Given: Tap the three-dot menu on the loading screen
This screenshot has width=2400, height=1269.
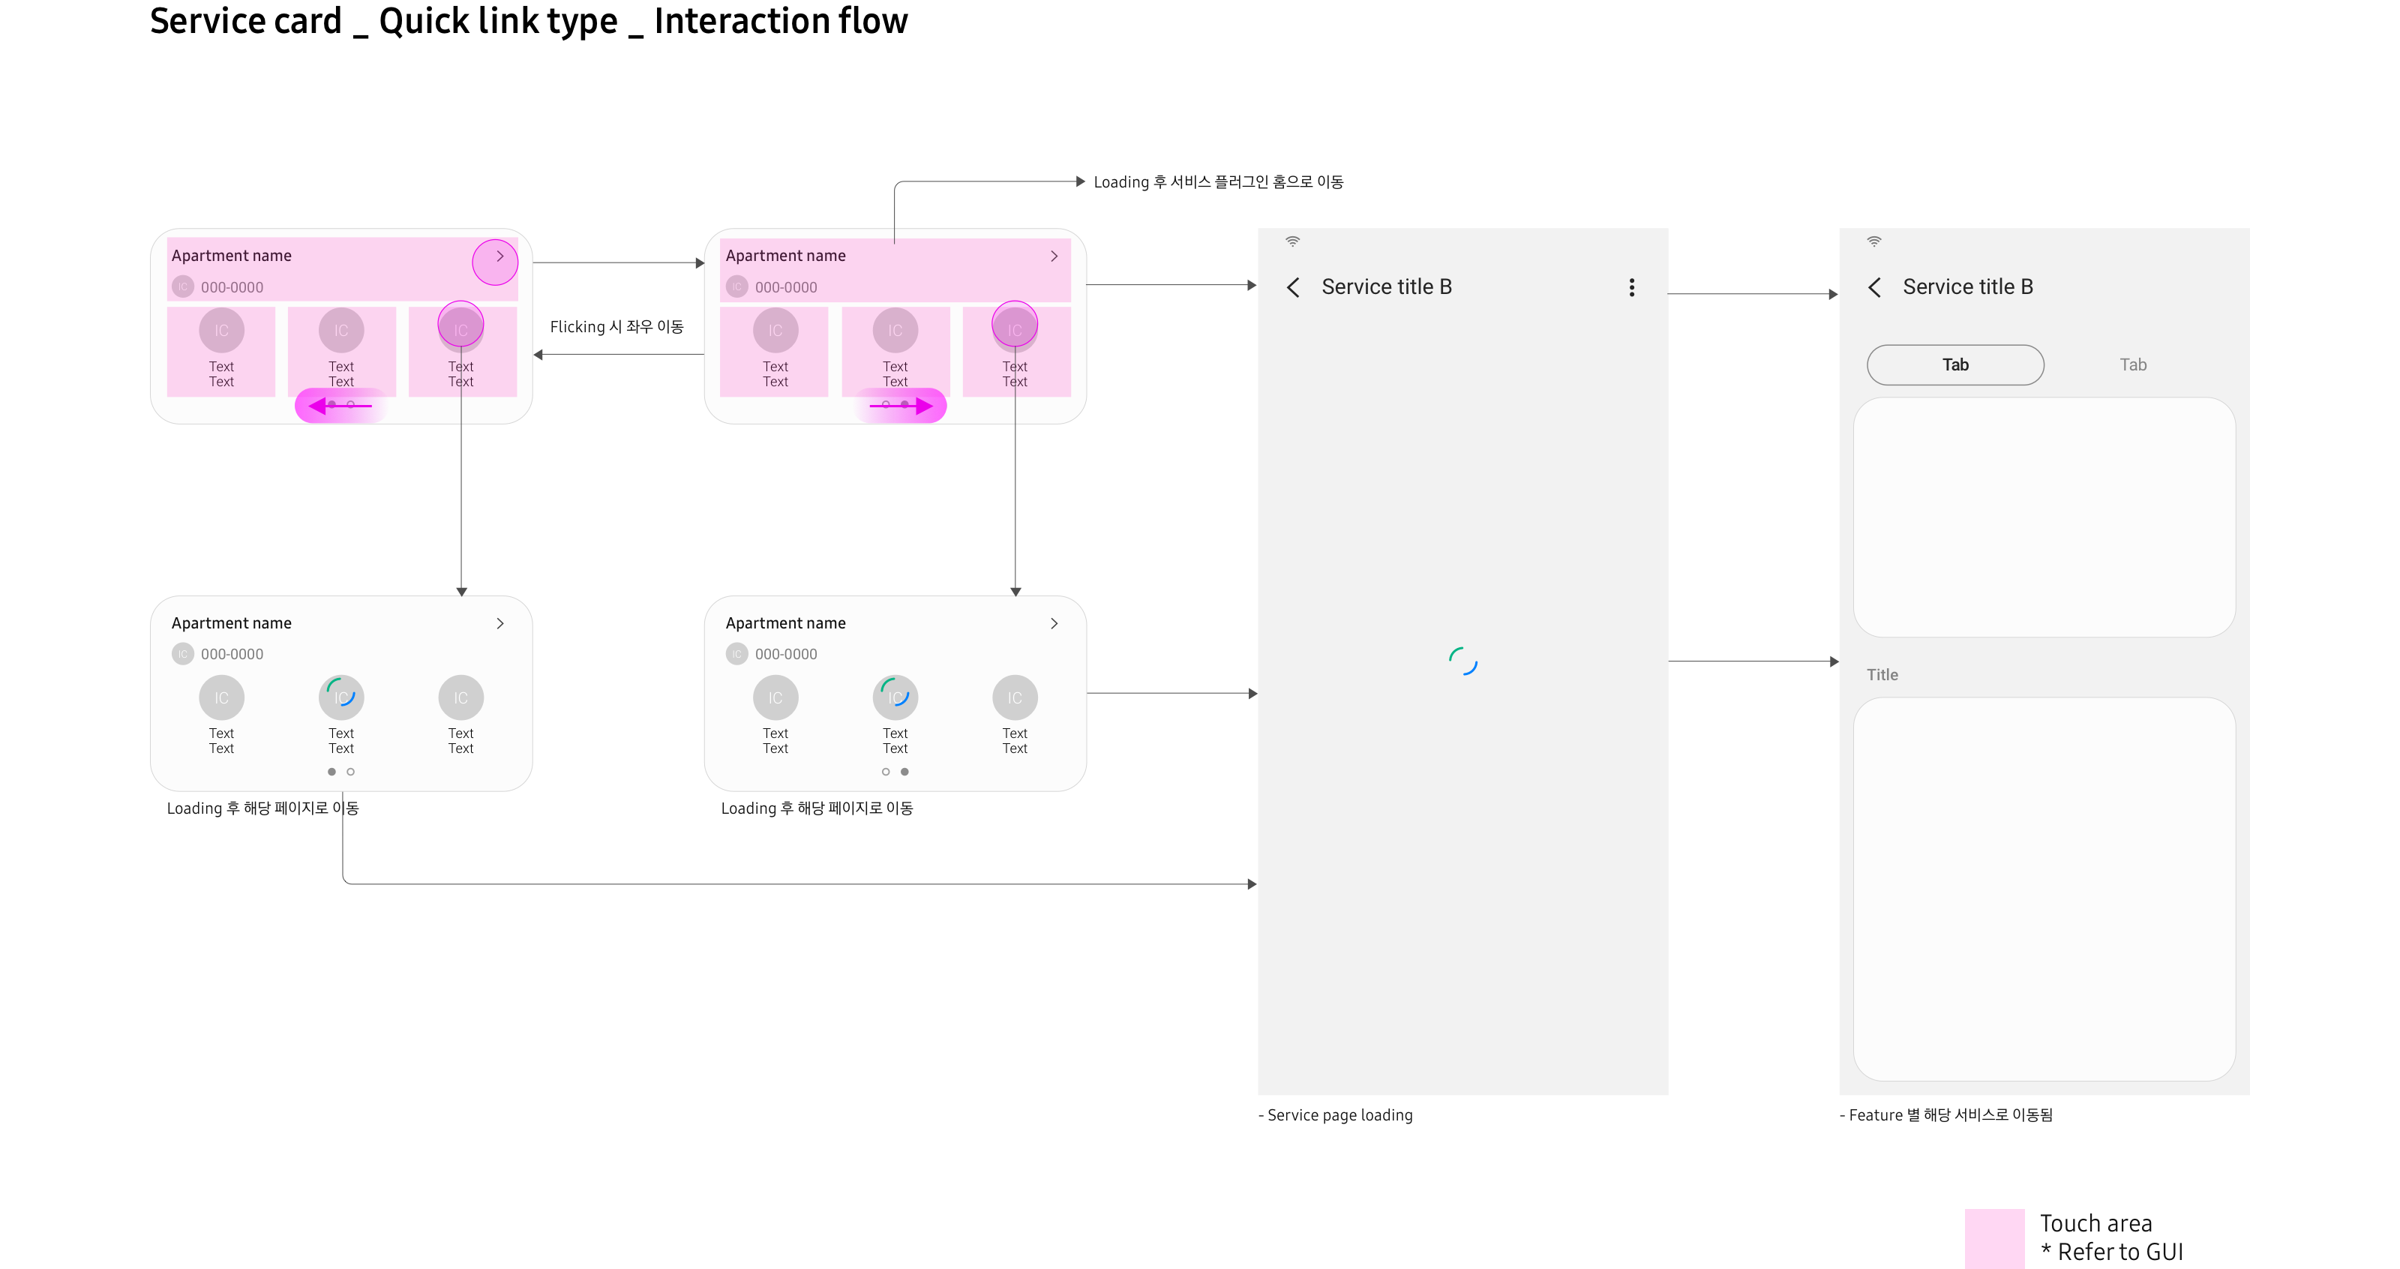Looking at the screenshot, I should [1631, 287].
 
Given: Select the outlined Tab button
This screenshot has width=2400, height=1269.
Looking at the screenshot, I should [1954, 364].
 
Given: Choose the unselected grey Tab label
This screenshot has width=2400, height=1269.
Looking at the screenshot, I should [2132, 364].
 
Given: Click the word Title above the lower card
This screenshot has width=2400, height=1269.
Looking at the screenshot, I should [1882, 674].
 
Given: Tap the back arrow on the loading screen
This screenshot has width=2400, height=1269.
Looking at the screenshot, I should [1293, 287].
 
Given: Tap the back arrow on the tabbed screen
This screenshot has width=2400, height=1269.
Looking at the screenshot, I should [1874, 287].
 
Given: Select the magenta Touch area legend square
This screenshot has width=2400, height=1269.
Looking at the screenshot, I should [1993, 1238].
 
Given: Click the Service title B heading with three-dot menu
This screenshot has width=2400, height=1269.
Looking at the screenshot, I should [1386, 287].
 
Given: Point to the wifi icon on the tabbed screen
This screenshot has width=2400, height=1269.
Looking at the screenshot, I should [1873, 241].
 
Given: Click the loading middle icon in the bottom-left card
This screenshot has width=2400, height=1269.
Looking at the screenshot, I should [341, 697].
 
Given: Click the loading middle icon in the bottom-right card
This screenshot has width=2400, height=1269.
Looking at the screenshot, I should [895, 697].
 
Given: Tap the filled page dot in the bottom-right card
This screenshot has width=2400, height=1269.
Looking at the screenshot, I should [904, 772].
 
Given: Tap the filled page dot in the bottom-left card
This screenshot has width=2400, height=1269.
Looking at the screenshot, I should [331, 772].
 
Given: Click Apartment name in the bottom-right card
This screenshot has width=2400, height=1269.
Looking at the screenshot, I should [785, 623].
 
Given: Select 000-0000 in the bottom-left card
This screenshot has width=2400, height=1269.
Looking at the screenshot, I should [232, 654].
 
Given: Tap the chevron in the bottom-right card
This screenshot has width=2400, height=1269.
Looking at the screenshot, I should [1054, 623].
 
